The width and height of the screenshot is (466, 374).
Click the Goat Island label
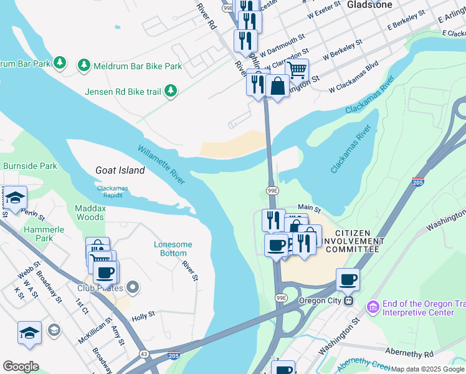pos(120,170)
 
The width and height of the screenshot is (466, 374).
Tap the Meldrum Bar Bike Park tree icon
pos(83,65)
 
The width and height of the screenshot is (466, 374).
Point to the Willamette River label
pos(161,164)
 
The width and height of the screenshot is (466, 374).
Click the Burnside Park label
pos(30,166)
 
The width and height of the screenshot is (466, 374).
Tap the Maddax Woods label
pos(90,213)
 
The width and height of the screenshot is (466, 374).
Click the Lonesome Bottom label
pos(173,249)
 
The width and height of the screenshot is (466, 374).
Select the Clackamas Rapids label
pos(118,191)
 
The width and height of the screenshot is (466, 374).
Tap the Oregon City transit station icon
pos(349,300)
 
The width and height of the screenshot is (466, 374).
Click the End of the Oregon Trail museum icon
pos(373,307)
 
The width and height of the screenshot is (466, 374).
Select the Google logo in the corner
pos(21,367)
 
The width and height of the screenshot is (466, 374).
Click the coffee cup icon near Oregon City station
pos(348,279)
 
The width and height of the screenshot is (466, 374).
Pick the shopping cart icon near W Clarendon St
pos(297,70)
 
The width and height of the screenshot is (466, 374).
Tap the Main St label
pos(308,208)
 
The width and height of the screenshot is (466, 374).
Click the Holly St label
pos(143,317)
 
